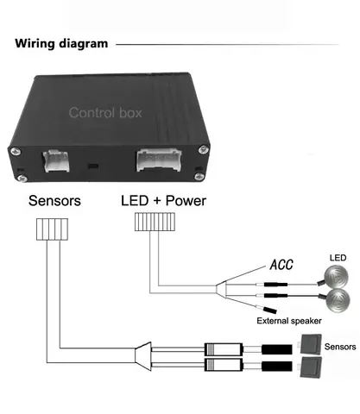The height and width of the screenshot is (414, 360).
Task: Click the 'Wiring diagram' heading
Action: [x=61, y=44]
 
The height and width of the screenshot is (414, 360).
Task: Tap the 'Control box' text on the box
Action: [x=105, y=113]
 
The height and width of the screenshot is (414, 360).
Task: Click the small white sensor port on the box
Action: [x=56, y=161]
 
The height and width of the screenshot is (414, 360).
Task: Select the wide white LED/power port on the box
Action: [x=159, y=160]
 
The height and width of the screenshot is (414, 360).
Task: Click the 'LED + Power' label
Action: [x=163, y=201]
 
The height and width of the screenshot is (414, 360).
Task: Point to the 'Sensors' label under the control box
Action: [x=54, y=201]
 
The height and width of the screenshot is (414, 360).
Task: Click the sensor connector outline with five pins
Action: [x=53, y=229]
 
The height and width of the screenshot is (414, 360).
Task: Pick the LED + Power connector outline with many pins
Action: [x=155, y=222]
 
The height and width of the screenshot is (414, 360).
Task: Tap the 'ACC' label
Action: [x=281, y=265]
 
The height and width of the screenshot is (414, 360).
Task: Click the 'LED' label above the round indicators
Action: [x=338, y=258]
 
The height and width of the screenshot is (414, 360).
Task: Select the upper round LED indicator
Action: [x=336, y=277]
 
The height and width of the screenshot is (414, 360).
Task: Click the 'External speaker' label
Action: [x=289, y=321]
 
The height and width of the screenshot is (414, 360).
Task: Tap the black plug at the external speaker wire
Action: [x=270, y=310]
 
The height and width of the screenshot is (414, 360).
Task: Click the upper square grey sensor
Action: [x=311, y=344]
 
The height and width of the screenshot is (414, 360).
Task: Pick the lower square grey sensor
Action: [x=311, y=367]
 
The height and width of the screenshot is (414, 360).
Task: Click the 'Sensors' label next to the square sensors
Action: [x=340, y=347]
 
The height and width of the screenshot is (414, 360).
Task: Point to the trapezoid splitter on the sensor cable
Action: [x=143, y=356]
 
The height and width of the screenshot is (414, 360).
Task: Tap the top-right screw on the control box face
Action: [x=204, y=149]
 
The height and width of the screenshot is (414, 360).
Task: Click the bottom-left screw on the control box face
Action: [x=22, y=179]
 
